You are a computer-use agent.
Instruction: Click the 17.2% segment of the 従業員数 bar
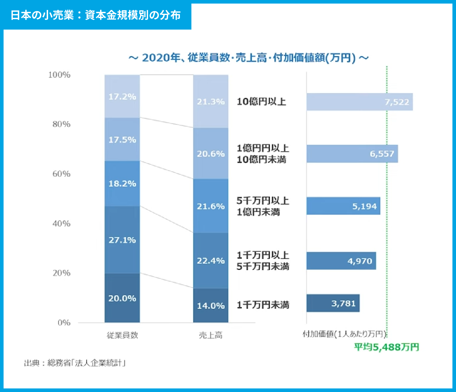122,96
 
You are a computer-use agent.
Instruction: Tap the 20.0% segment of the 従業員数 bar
122,298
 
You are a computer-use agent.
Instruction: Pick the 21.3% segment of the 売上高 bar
211,102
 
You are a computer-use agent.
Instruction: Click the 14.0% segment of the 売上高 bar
211,305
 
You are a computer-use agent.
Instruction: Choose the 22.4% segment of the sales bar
211,261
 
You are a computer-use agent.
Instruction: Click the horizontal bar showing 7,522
359,102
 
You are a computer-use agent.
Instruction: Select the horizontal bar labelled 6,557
352,154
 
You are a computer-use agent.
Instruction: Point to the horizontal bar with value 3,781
333,303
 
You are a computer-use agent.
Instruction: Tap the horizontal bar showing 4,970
341,261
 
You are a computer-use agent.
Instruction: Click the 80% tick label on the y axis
61,124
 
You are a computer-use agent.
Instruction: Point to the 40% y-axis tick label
61,223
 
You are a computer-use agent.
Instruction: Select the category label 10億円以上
261,102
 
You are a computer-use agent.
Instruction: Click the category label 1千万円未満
263,305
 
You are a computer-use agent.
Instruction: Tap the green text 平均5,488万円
387,347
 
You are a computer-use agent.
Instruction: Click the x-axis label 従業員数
122,335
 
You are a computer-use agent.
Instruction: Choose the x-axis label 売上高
211,335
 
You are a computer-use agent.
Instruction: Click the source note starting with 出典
75,363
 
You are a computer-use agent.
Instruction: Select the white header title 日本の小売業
95,15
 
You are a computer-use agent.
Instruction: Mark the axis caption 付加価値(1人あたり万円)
344,334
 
